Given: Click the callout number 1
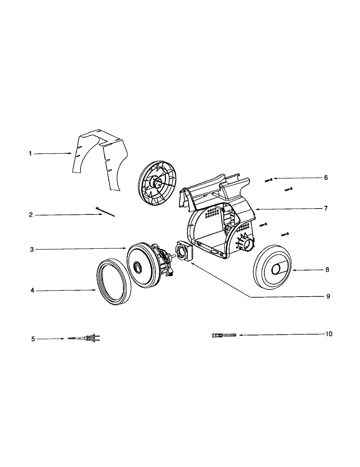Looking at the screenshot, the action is (30, 154).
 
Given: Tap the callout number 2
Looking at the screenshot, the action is (31, 215).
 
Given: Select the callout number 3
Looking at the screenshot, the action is (32, 249).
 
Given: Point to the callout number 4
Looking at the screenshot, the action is (32, 290).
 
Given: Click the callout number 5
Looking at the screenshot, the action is (33, 339).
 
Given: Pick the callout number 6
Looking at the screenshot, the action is (326, 178).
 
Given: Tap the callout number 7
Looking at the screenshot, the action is (326, 208).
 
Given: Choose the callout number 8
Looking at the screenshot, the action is (327, 270).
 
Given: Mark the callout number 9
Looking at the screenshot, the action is (328, 296).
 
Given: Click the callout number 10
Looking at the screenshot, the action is (329, 334).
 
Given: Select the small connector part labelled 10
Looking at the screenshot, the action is (223, 335).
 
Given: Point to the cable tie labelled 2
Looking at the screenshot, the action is (105, 212).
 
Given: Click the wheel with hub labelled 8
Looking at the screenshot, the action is (272, 268).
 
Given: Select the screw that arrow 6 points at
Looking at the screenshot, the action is (269, 179).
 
